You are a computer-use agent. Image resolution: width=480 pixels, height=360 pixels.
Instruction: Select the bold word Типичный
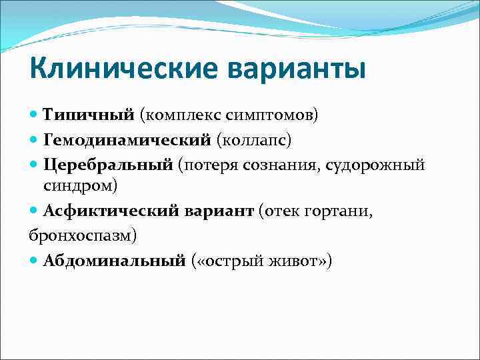coord(89,115)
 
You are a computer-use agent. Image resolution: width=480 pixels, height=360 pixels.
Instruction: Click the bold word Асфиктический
coord(113,211)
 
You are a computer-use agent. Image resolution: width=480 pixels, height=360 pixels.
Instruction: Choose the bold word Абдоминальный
coord(114,260)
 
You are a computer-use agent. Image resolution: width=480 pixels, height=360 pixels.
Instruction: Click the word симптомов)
coord(271,115)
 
